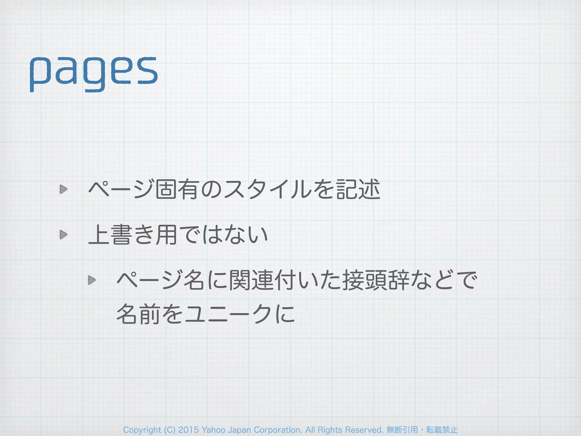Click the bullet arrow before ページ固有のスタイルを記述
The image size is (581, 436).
(x=63, y=189)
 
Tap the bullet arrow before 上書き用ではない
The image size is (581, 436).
(x=63, y=235)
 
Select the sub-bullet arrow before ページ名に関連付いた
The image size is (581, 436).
(x=92, y=280)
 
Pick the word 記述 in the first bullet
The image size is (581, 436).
(x=358, y=189)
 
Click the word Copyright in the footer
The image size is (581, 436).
(x=142, y=430)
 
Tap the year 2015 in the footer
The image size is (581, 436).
(x=188, y=430)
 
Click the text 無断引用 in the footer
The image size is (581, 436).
(x=402, y=430)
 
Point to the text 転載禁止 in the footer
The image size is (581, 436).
(x=442, y=430)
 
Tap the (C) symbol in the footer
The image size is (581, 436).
(x=170, y=430)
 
